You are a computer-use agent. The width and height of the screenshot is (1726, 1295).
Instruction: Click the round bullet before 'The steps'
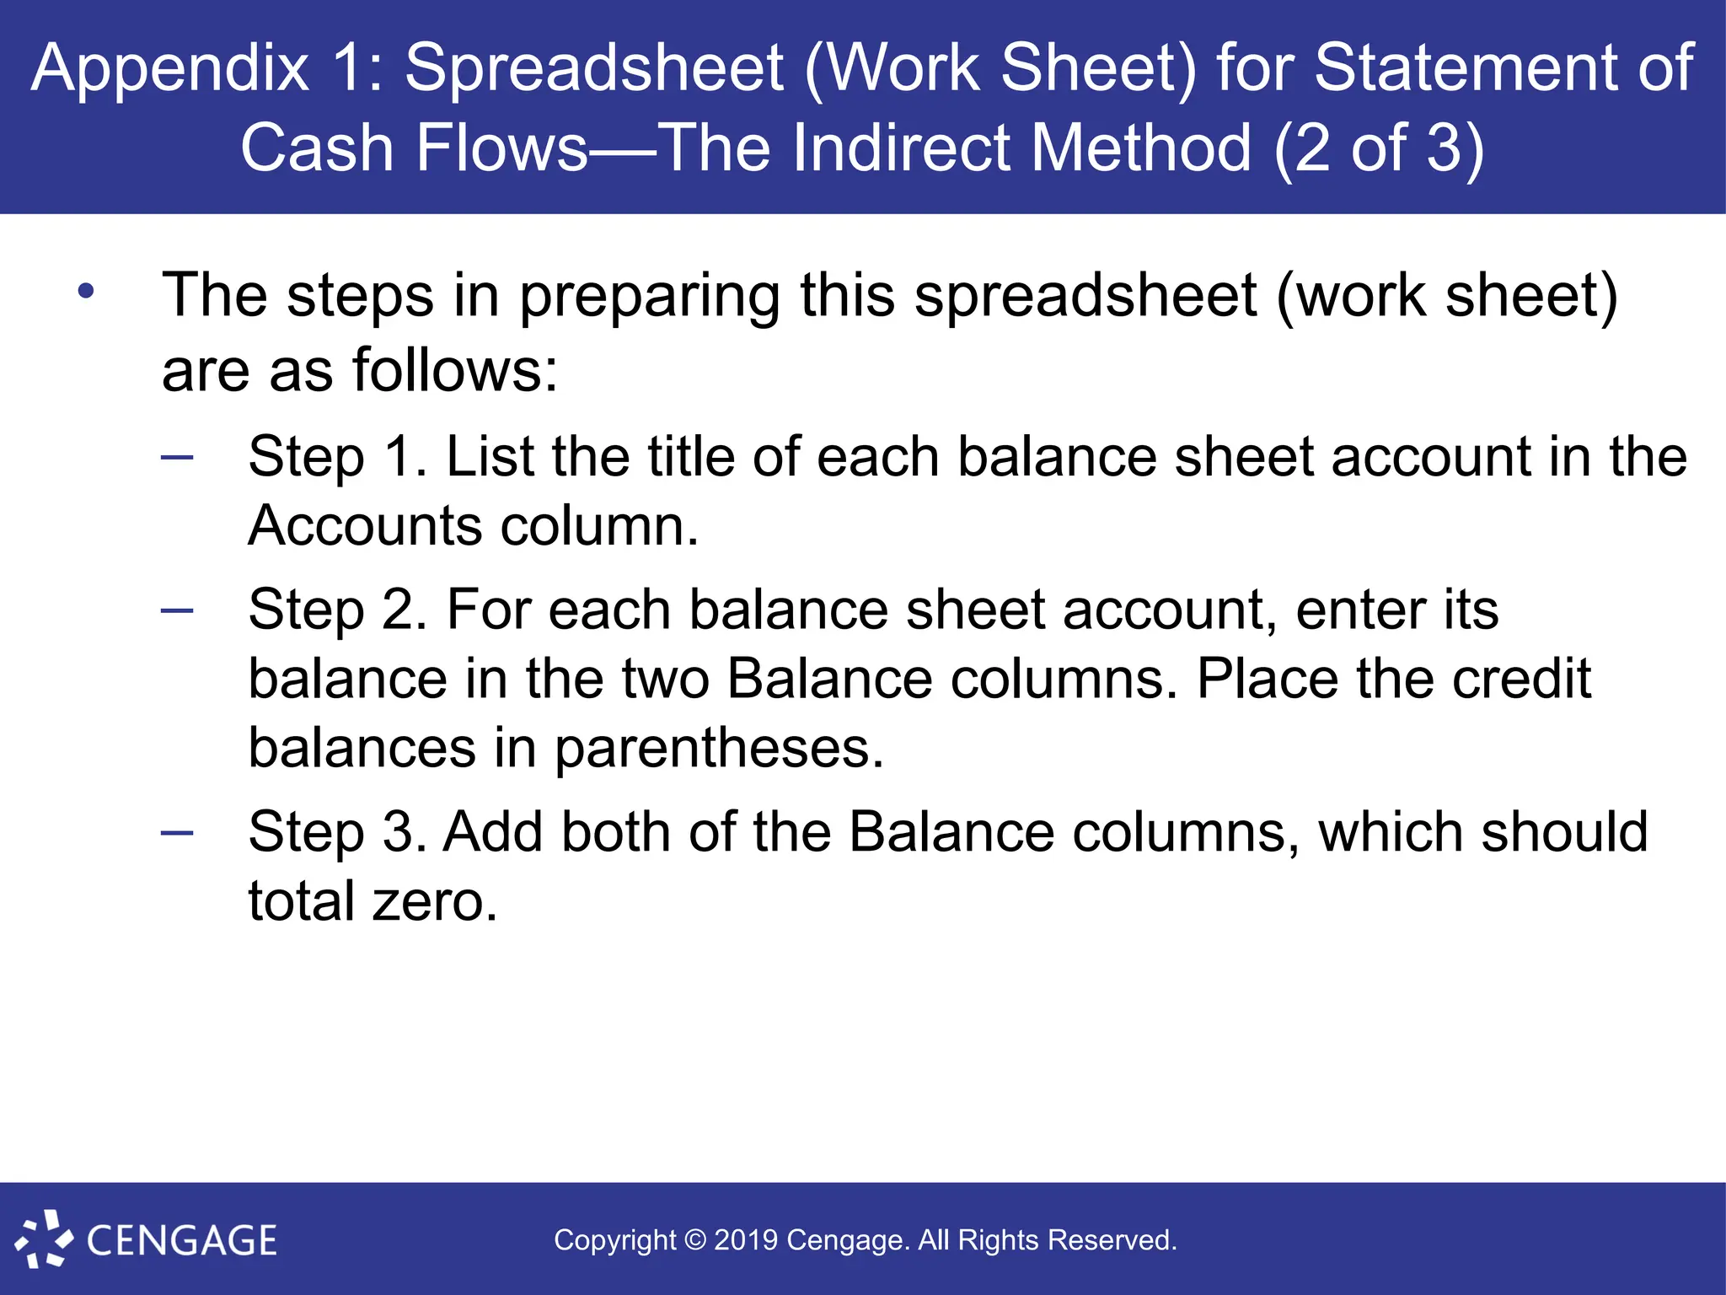coord(86,292)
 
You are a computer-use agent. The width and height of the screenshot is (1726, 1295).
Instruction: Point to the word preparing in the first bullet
coord(649,297)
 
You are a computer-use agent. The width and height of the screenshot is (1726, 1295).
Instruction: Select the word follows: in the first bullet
coord(454,370)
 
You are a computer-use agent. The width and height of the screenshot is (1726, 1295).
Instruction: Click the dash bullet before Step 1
coord(177,458)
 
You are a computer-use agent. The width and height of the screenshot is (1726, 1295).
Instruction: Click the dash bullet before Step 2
coord(177,610)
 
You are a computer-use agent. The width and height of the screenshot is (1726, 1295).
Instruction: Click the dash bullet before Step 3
coord(177,833)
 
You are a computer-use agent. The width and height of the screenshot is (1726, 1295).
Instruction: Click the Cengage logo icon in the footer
coord(42,1239)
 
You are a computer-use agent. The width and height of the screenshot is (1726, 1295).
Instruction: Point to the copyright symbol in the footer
coord(695,1240)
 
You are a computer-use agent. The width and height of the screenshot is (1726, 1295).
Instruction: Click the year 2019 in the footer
coord(746,1240)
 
